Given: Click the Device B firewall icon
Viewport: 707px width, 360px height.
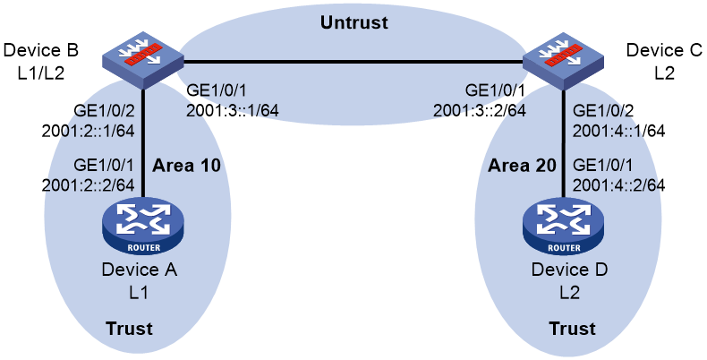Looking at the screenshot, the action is tap(143, 60).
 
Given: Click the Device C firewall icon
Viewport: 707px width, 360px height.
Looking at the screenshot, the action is tap(563, 60).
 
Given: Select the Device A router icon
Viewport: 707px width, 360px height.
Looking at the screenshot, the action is tap(143, 226).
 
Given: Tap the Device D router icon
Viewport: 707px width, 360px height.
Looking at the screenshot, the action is tap(563, 226).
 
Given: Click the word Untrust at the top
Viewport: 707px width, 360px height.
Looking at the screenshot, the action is tap(354, 22).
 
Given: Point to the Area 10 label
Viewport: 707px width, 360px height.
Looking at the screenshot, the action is tap(187, 166).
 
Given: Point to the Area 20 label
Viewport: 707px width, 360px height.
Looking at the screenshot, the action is tap(522, 166).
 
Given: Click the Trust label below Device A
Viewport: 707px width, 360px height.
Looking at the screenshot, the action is tap(130, 328).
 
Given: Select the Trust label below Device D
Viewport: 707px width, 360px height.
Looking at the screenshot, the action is tap(572, 328).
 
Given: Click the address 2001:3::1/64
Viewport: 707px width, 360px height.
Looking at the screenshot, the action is tap(233, 109).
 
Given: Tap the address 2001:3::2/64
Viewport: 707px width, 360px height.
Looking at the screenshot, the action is tap(480, 109).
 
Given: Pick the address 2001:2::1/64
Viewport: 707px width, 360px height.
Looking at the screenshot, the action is tap(88, 131).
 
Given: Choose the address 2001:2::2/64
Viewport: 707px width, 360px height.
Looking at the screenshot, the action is tap(88, 184).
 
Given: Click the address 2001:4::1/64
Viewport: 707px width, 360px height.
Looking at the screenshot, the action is tap(618, 131).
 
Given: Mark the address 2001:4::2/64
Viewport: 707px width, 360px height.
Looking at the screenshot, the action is tap(618, 184).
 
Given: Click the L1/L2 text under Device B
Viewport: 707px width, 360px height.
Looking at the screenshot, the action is tap(41, 73).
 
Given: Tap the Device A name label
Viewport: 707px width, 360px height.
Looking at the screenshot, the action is tap(139, 270).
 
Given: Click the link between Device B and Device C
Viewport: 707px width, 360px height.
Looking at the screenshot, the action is tap(353, 61).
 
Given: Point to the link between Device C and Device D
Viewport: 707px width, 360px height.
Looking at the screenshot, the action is tap(563, 143).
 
